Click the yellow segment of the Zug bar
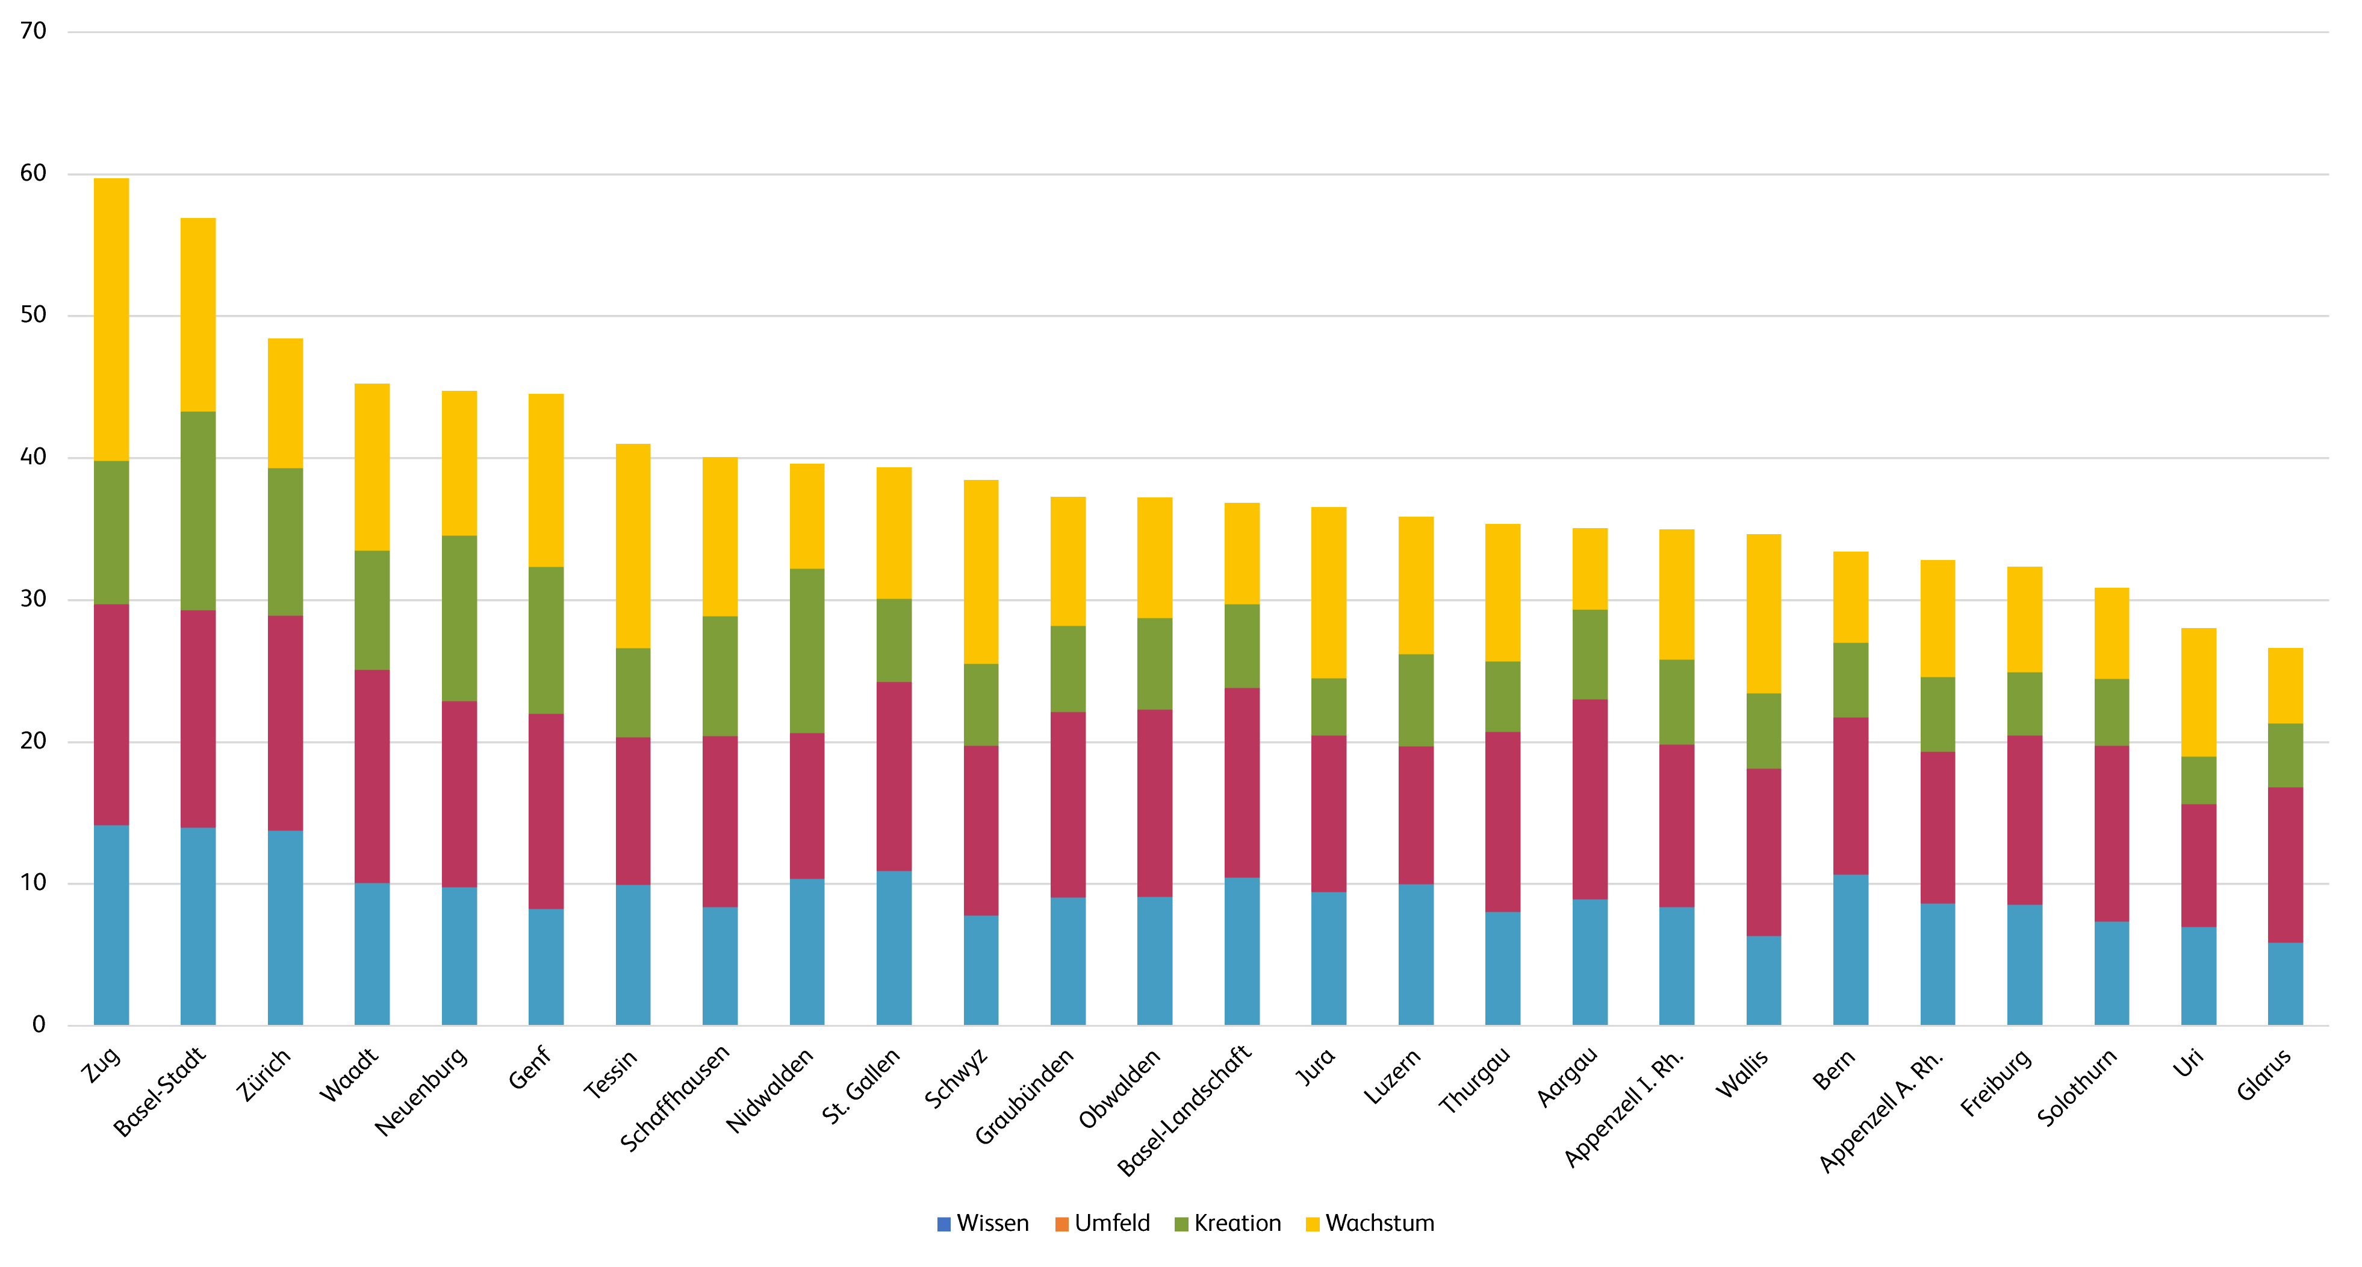tap(111, 319)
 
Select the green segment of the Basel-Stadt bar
tap(198, 511)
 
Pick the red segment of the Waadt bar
tap(372, 776)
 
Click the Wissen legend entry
tap(983, 1223)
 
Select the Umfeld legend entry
tap(1103, 1223)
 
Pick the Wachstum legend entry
tap(1370, 1223)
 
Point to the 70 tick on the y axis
tap(33, 31)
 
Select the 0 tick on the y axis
tap(39, 1024)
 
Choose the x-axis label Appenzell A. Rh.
tap(1880, 1109)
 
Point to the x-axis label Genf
tap(530, 1068)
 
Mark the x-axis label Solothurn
tap(2077, 1086)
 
